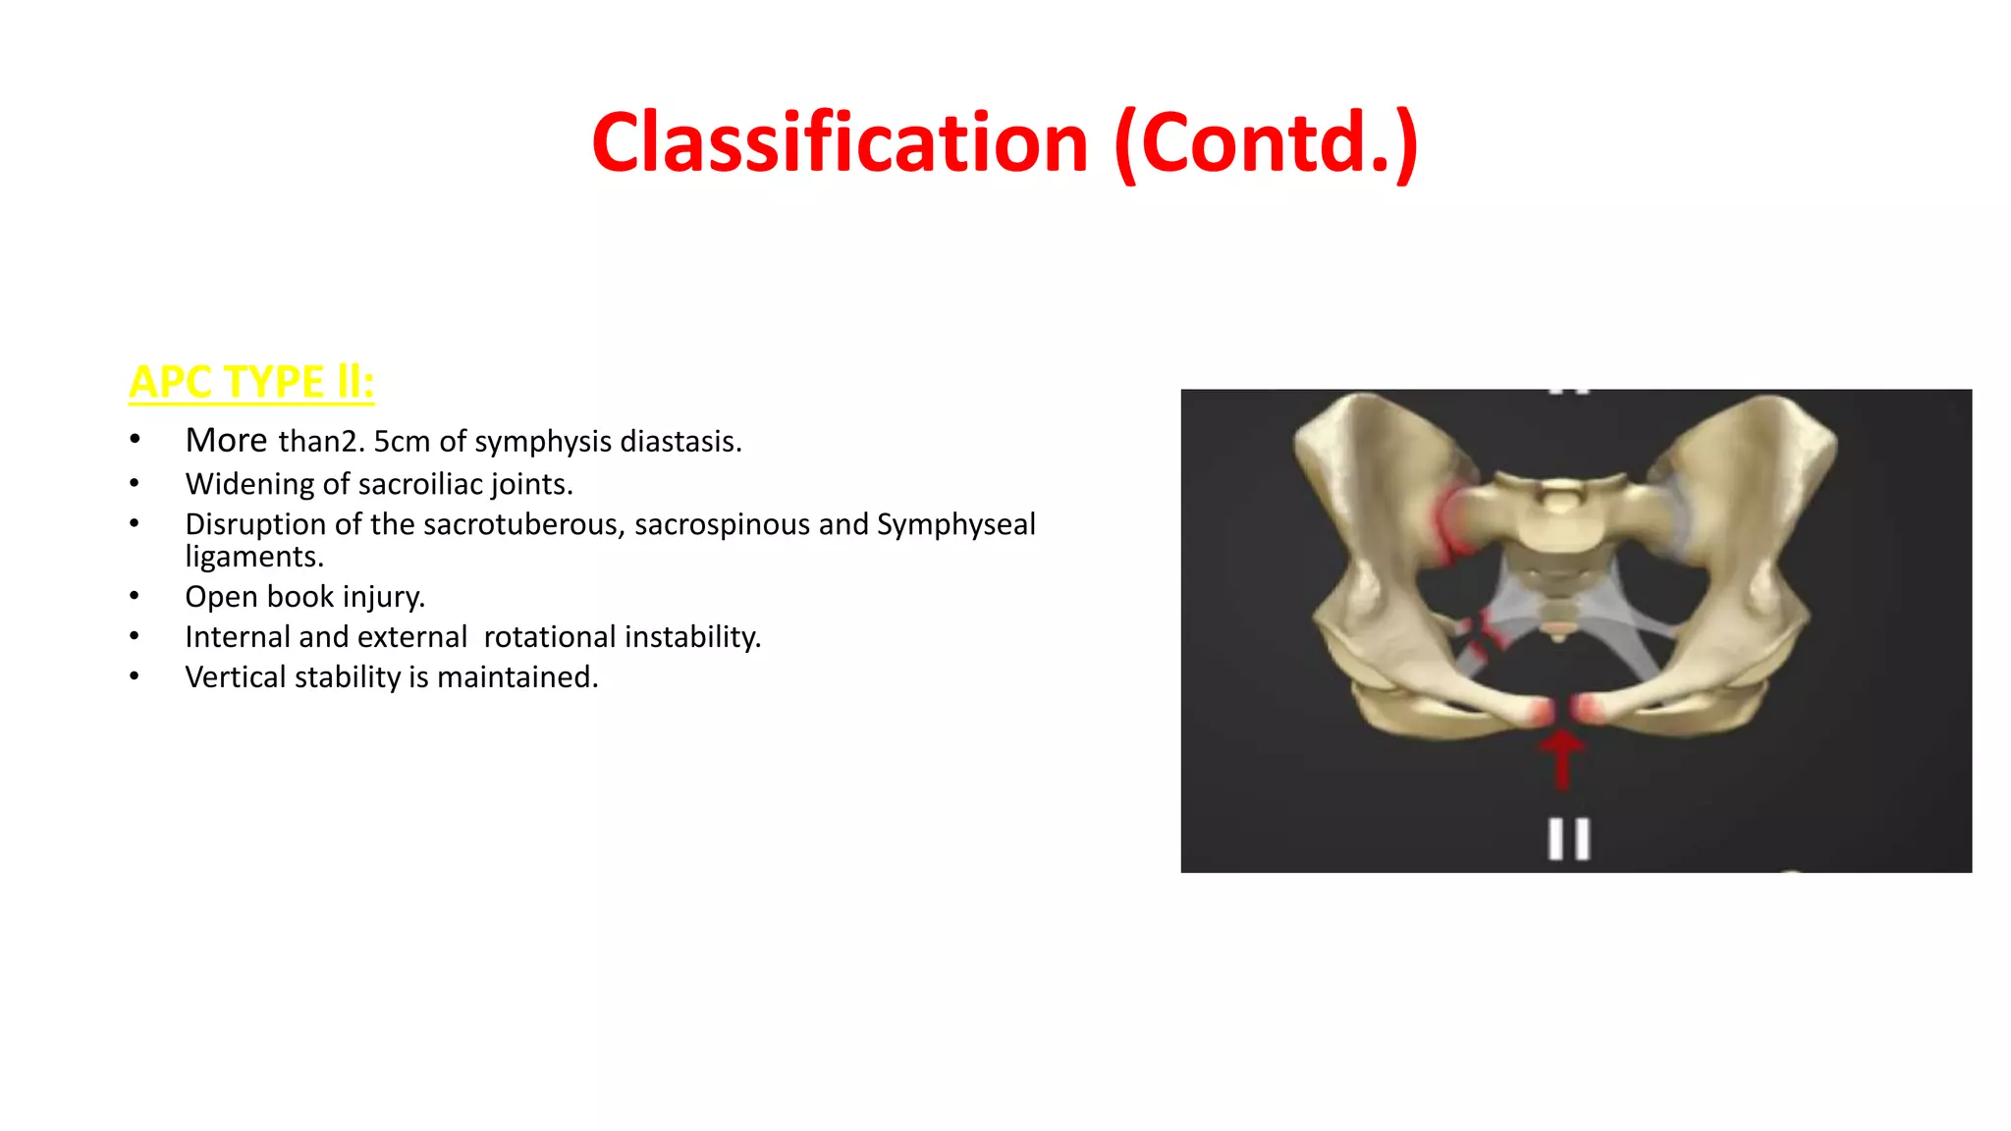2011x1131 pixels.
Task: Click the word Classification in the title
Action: coord(840,143)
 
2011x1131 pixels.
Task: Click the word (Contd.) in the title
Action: coord(1266,143)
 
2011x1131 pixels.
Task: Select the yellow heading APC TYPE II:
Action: coord(251,382)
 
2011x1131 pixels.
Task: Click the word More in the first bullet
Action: coord(226,441)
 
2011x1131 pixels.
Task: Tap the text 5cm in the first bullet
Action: coord(402,442)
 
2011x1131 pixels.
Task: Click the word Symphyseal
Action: coord(955,524)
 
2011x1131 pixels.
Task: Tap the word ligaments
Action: coord(254,557)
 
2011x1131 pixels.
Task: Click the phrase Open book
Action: coord(259,597)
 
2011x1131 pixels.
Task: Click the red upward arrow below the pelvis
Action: coord(1561,758)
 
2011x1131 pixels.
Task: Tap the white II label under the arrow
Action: coord(1568,839)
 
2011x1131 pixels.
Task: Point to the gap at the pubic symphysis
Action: coord(1562,710)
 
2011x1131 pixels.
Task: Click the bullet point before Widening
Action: coord(135,483)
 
